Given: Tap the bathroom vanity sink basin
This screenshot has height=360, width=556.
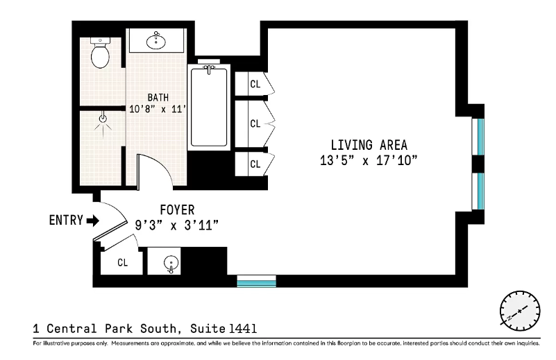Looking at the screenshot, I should (156, 42).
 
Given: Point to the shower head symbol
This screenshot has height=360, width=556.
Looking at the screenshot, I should (103, 119).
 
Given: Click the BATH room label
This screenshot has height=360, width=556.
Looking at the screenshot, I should (157, 97).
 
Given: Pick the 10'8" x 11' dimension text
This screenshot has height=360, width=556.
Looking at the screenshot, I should (159, 109).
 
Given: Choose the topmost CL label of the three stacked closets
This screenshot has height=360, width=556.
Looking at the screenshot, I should (255, 84).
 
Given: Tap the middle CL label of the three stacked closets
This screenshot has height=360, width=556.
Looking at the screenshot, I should (255, 123).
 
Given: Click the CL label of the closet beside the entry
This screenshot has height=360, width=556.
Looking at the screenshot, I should (122, 263).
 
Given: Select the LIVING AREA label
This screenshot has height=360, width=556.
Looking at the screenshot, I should (369, 145).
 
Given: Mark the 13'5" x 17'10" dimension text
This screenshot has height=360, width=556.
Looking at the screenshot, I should (369, 160).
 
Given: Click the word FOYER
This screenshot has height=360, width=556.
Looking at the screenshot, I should (177, 209).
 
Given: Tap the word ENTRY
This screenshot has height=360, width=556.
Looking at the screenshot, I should (65, 221).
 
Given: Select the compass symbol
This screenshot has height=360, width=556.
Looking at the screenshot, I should (519, 310).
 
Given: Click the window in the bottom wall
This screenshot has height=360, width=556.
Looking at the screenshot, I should (256, 281).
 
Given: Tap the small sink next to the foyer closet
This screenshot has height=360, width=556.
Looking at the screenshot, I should (170, 264).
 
